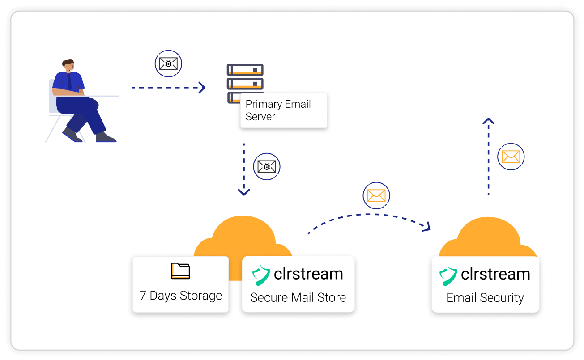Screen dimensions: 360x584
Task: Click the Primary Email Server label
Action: (x=278, y=110)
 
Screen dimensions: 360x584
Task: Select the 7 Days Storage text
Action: (x=181, y=296)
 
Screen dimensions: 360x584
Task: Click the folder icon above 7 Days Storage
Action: (x=180, y=271)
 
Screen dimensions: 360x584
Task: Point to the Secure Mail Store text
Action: (x=298, y=298)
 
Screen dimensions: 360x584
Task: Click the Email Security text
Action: (x=485, y=298)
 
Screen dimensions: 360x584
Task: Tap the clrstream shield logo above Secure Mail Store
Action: (x=261, y=275)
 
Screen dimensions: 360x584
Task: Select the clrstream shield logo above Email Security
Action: (x=448, y=275)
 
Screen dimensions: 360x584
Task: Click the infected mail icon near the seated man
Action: (x=168, y=64)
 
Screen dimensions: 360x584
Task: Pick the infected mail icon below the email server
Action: (x=267, y=167)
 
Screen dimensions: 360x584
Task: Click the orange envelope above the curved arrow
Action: (x=376, y=195)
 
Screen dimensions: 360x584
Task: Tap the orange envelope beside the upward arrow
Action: (x=511, y=157)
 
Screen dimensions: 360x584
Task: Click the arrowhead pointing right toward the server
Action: (x=202, y=88)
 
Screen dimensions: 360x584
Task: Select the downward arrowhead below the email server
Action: (x=244, y=192)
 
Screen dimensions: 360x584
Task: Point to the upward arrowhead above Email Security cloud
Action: (x=488, y=121)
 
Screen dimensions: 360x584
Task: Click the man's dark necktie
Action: (x=69, y=81)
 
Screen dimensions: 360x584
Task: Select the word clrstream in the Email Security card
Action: (x=495, y=274)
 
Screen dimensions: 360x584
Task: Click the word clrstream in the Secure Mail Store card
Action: (x=308, y=274)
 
